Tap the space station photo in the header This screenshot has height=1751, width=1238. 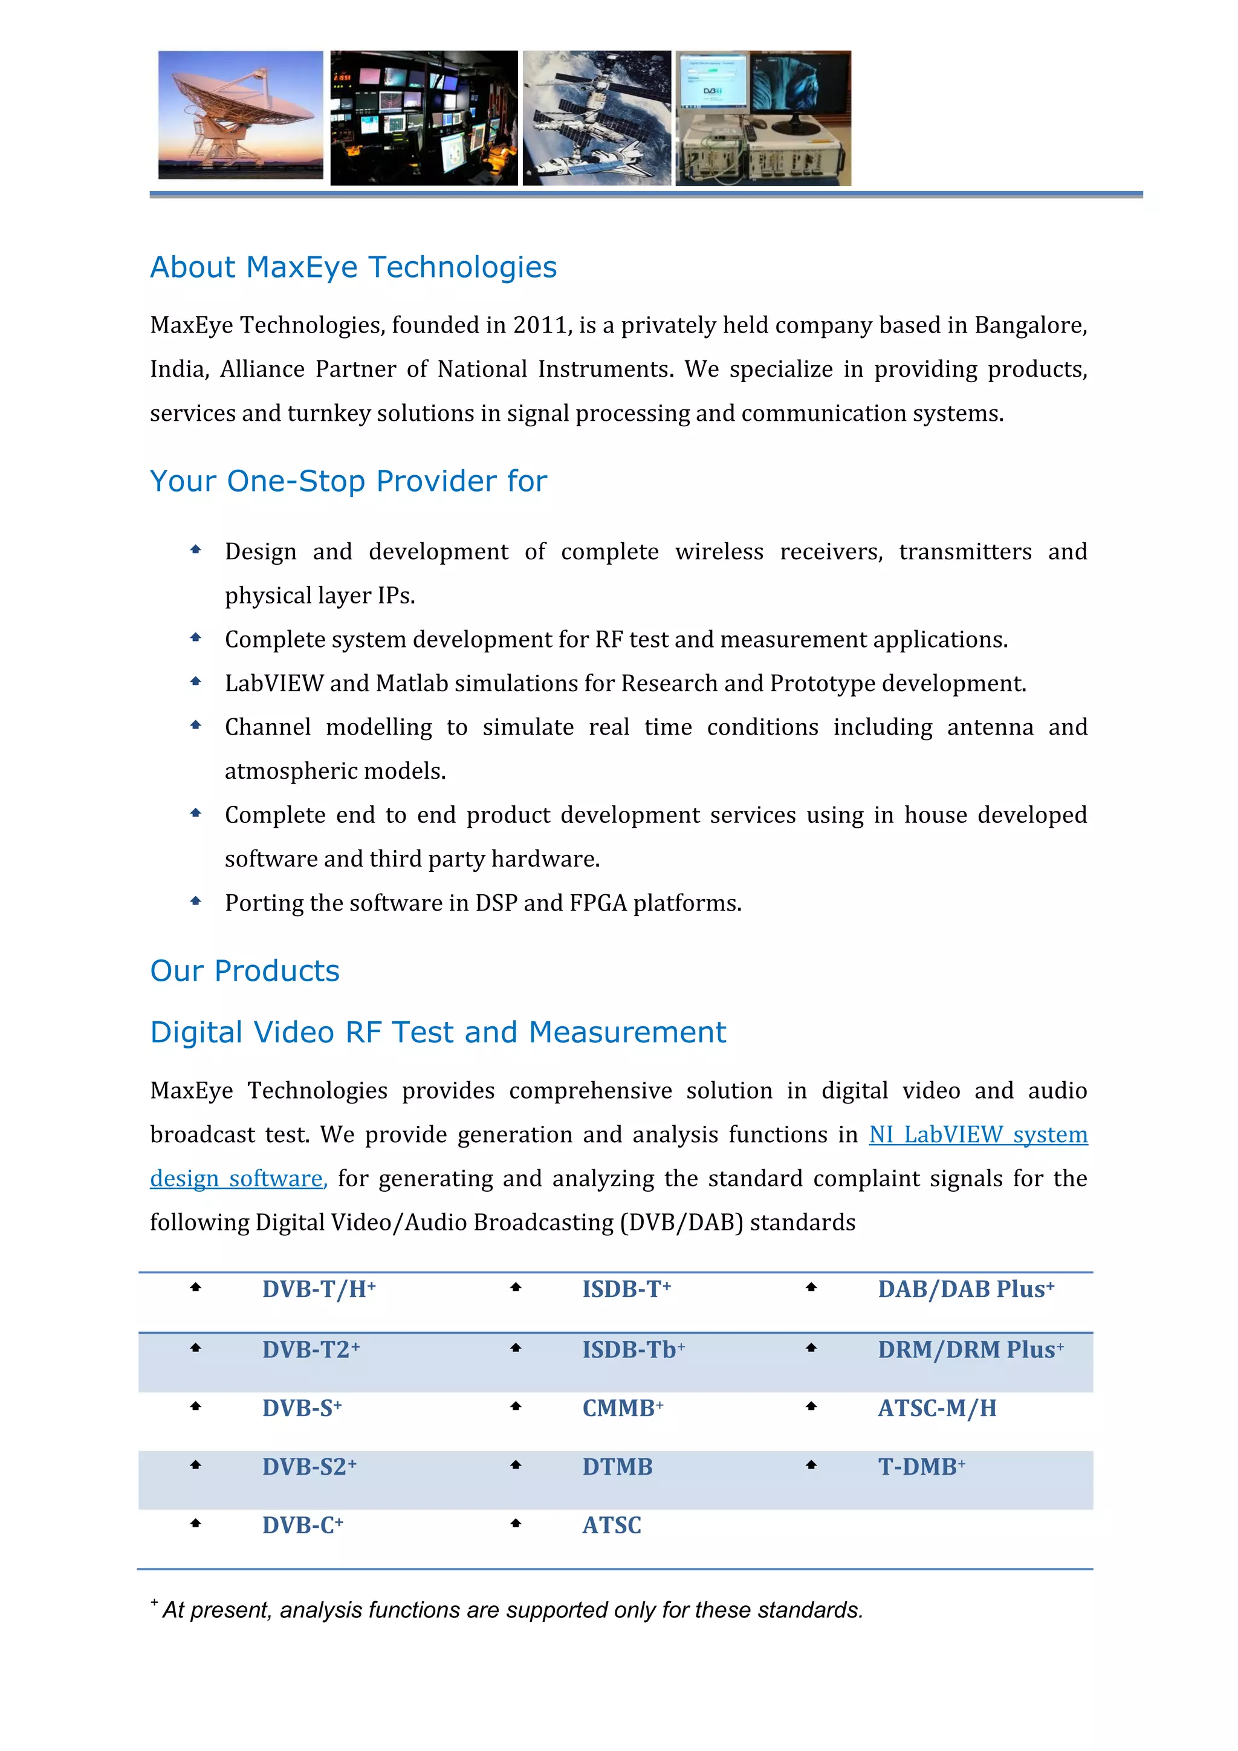click(x=596, y=119)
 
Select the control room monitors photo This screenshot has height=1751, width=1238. click(x=424, y=119)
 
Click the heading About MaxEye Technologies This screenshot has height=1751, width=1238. click(x=353, y=268)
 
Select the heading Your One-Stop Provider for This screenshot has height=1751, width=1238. click(x=348, y=482)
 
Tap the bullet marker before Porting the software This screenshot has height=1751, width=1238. click(x=195, y=901)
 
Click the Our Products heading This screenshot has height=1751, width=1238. click(x=245, y=972)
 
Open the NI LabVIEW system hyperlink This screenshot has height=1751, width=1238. click(x=978, y=1135)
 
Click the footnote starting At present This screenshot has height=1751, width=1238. click(x=511, y=1610)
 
